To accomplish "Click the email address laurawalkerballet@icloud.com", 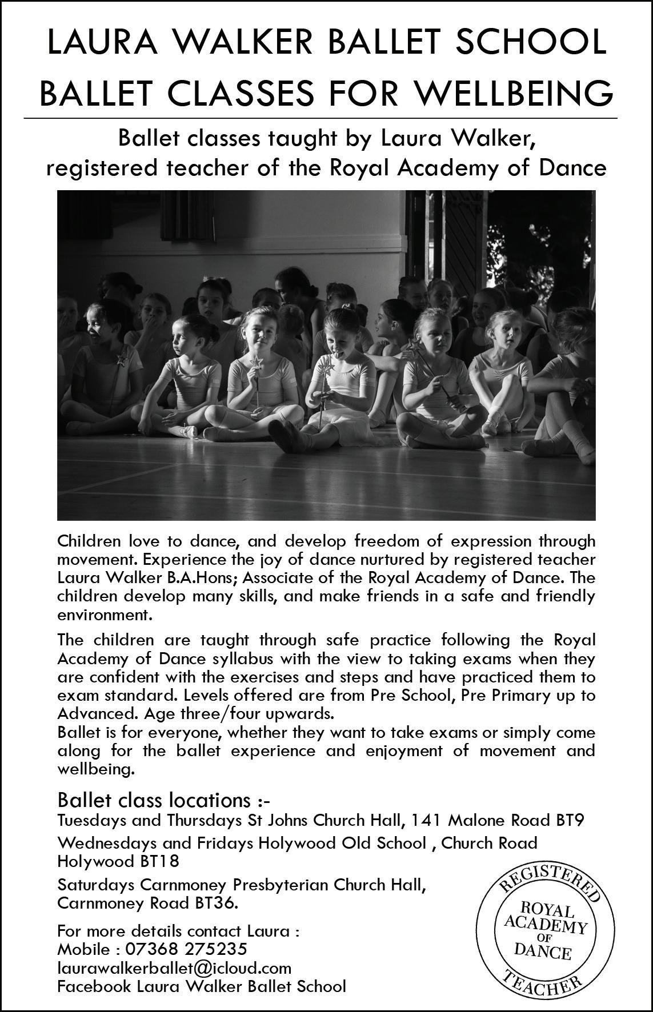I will pyautogui.click(x=174, y=967).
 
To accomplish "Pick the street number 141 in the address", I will pyautogui.click(x=427, y=821).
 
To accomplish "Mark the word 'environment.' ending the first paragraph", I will pyautogui.click(x=105, y=616).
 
